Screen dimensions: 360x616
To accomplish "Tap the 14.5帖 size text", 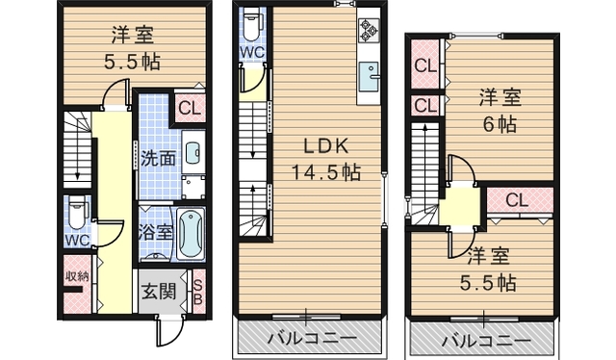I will [325, 172].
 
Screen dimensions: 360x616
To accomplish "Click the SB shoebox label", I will [198, 291].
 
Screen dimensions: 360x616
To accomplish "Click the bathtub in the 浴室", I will [191, 233].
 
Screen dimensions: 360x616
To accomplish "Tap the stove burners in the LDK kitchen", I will [369, 31].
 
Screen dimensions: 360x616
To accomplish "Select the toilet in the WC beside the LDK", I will [251, 21].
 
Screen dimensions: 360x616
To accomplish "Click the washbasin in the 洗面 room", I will [192, 152].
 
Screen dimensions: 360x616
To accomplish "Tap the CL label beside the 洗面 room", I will [189, 108].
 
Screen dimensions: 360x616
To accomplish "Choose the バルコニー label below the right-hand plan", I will [485, 340].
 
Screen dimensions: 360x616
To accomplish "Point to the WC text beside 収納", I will [76, 237].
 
